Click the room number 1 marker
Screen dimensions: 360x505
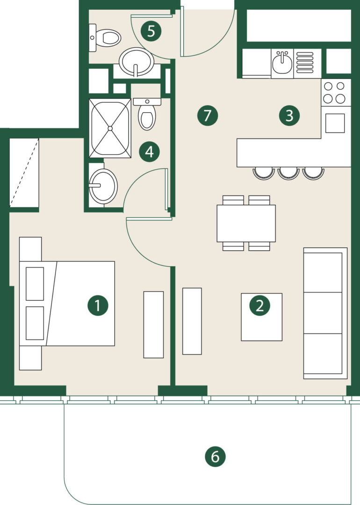pyautogui.click(x=98, y=305)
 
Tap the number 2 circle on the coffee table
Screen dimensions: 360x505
pyautogui.click(x=260, y=305)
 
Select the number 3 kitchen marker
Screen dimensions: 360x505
pyautogui.click(x=289, y=115)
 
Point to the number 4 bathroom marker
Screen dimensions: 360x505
pyautogui.click(x=150, y=151)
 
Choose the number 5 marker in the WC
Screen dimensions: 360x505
pyautogui.click(x=151, y=31)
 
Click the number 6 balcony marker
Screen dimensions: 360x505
pyautogui.click(x=215, y=456)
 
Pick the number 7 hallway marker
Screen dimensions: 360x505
pyautogui.click(x=208, y=115)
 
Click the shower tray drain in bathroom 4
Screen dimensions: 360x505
pyautogui.click(x=110, y=128)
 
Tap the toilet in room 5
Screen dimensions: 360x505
pyautogui.click(x=105, y=38)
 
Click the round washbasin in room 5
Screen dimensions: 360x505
pyautogui.click(x=137, y=62)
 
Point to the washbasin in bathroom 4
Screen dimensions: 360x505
pyautogui.click(x=103, y=186)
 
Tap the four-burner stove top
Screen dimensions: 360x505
pyautogui.click(x=334, y=93)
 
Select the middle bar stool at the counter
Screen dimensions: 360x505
pyautogui.click(x=288, y=173)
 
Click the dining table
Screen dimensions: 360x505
pyautogui.click(x=246, y=223)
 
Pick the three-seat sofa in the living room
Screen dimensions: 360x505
pyautogui.click(x=325, y=313)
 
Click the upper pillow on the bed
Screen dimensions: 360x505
pyautogui.click(x=35, y=284)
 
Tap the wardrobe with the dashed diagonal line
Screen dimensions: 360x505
pyautogui.click(x=24, y=173)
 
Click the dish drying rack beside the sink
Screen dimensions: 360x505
pyautogui.click(x=304, y=63)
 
